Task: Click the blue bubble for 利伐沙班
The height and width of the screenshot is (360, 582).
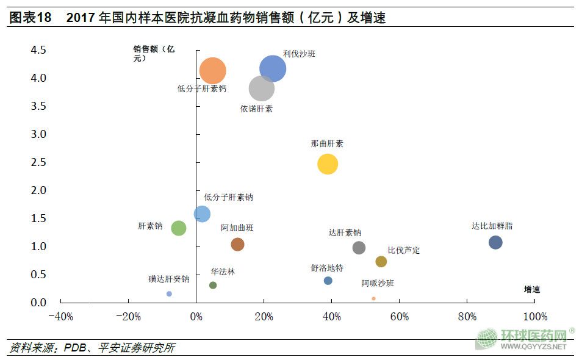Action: (x=273, y=68)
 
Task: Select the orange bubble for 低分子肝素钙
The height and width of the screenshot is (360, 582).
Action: (x=212, y=71)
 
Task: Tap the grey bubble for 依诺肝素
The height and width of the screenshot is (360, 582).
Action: (x=261, y=88)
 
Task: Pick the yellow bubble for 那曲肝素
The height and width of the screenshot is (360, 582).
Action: (x=328, y=164)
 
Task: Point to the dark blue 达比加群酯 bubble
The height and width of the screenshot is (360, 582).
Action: (x=495, y=242)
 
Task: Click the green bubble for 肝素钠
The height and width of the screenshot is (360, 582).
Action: (x=178, y=228)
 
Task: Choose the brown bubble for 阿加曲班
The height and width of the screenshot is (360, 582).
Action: (x=237, y=244)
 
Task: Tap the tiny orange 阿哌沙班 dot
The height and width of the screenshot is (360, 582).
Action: (x=373, y=298)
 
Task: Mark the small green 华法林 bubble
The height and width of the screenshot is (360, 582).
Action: (x=213, y=285)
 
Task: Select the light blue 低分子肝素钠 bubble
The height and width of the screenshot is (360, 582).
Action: (x=202, y=214)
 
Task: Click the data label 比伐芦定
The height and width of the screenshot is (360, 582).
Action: (x=404, y=251)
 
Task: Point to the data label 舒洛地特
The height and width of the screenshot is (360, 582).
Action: (x=327, y=268)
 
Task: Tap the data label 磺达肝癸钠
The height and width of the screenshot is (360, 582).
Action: (x=168, y=279)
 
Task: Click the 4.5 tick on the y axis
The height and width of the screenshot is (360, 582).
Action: (x=38, y=49)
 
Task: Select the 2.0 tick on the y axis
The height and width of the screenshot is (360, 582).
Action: (x=38, y=190)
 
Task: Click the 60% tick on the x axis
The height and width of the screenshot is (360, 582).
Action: (x=399, y=317)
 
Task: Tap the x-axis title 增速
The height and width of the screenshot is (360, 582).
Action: (x=532, y=289)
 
